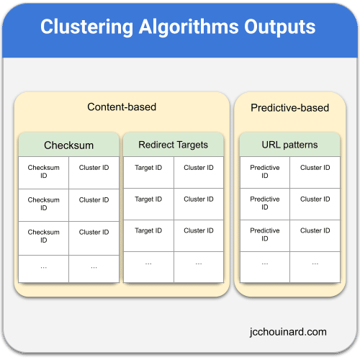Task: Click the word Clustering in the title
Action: (x=86, y=27)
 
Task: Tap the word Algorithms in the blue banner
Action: (x=189, y=27)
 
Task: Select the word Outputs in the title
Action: (x=280, y=27)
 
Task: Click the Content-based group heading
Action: (x=122, y=107)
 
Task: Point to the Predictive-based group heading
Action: (x=289, y=108)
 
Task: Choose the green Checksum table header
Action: (x=68, y=145)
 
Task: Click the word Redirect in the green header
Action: (x=156, y=145)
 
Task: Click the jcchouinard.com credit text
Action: (x=288, y=332)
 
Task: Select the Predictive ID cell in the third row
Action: (x=265, y=235)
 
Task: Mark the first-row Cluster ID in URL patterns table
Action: (x=315, y=168)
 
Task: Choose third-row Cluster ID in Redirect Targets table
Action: (x=199, y=230)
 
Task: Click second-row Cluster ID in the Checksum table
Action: (x=94, y=200)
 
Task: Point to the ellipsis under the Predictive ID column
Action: (x=265, y=264)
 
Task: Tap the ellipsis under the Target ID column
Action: (x=148, y=264)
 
